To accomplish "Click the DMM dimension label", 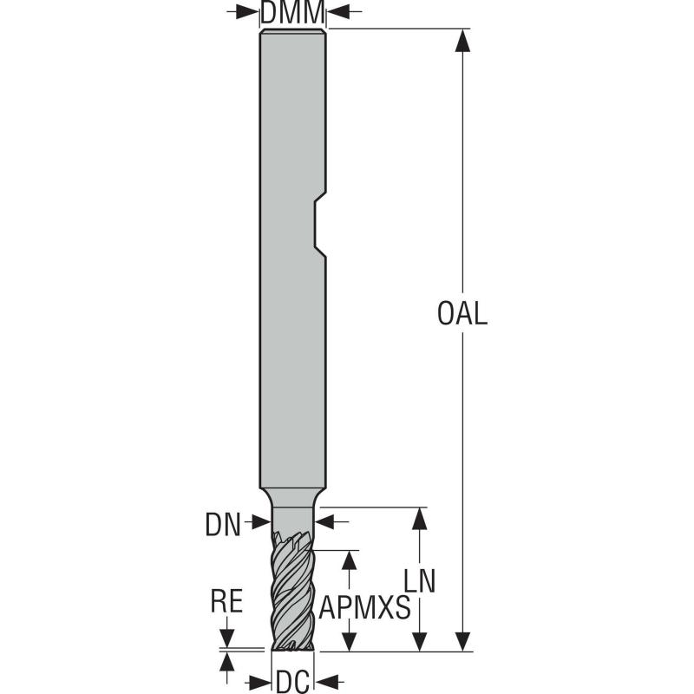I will point(293,12).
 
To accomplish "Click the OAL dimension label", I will point(462,313).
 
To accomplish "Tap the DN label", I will point(223,523).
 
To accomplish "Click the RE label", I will point(226,602).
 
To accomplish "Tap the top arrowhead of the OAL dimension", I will point(462,40).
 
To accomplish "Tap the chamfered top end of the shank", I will point(293,33).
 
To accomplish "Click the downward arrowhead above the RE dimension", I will point(227,639).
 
